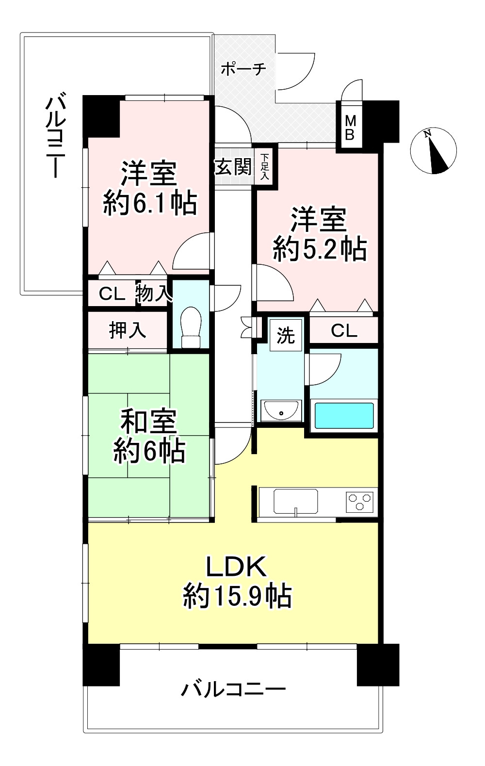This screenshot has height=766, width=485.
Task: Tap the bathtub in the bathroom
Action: tap(344, 415)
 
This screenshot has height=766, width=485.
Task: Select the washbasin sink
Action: tap(281, 409)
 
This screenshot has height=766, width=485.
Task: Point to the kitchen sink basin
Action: tap(296, 502)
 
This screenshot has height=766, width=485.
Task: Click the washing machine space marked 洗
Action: tap(285, 335)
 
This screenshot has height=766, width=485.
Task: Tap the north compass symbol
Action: tap(433, 151)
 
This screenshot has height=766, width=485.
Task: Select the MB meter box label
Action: tap(350, 128)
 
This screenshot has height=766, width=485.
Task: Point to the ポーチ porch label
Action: tap(243, 69)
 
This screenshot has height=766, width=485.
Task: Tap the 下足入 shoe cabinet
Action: tap(265, 167)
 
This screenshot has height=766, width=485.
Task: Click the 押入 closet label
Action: tap(128, 330)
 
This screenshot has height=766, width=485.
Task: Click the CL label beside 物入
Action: tap(112, 293)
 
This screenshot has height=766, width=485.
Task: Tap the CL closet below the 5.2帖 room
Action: tap(344, 330)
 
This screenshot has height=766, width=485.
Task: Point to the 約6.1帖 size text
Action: tap(150, 203)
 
